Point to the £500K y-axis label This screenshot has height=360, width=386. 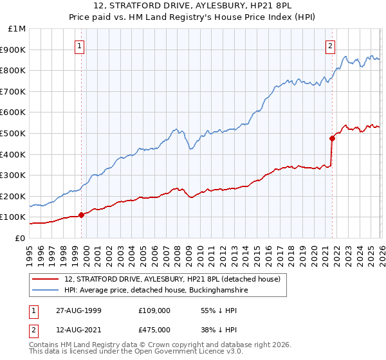coord(14,133)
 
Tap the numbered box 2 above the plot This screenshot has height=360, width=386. coord(329,46)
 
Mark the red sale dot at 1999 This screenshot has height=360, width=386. coord(82,215)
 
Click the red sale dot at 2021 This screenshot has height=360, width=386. coord(333,138)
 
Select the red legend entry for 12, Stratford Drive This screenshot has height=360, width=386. coord(172,280)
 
